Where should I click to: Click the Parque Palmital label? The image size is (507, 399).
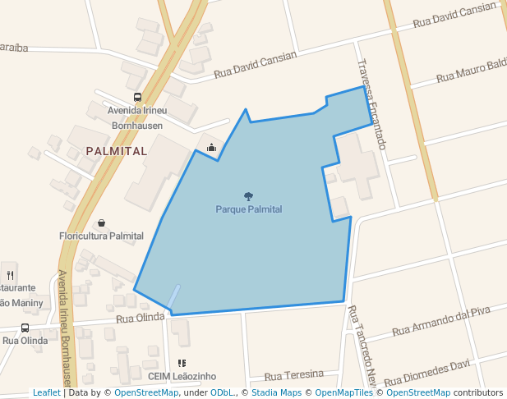click(248, 209)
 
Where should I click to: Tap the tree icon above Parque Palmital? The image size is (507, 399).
click(248, 196)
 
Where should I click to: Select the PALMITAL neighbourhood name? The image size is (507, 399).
click(116, 151)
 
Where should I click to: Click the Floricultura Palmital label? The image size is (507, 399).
click(101, 236)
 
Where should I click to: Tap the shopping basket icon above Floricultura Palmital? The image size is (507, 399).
click(101, 223)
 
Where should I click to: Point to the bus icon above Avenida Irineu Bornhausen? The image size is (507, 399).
click(137, 97)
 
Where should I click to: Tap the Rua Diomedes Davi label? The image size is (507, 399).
click(426, 372)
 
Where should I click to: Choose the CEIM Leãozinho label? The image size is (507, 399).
click(182, 376)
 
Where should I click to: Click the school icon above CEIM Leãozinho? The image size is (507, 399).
click(182, 363)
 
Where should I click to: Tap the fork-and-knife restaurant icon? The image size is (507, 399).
click(10, 275)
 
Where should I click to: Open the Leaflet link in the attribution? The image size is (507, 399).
click(46, 392)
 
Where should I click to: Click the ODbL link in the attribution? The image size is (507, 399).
click(221, 392)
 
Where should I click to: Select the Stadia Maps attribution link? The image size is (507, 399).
click(274, 392)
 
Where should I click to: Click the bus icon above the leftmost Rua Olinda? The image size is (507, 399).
click(25, 328)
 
